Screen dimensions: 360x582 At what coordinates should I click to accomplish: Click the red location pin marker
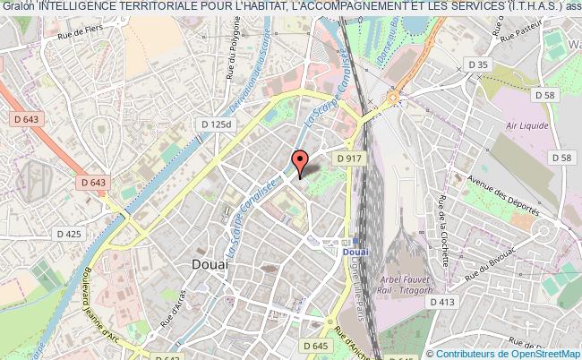[300, 161]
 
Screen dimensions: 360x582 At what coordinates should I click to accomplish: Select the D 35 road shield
[481, 64]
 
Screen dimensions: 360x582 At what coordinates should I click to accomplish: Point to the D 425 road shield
[68, 235]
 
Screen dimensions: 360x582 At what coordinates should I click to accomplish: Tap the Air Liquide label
[527, 125]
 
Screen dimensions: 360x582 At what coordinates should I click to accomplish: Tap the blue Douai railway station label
[355, 253]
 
